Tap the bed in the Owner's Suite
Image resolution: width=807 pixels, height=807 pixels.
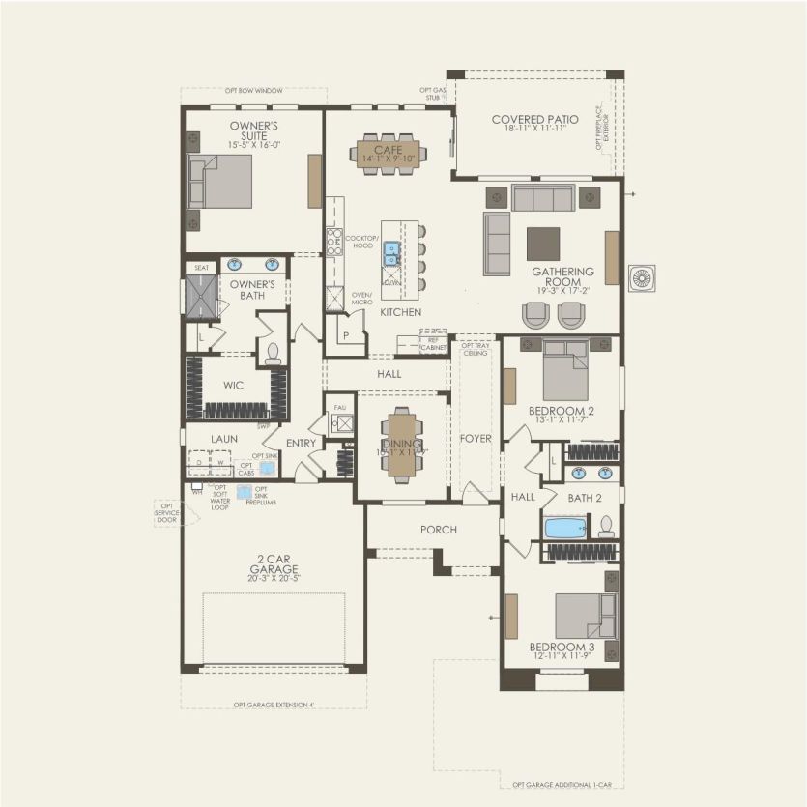coord(224,182)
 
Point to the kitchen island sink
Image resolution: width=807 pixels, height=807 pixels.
coord(391,253)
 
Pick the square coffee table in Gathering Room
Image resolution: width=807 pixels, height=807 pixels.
coord(543,243)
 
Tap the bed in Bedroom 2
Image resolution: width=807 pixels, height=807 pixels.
coord(565,369)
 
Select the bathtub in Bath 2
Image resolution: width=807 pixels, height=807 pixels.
coord(565,528)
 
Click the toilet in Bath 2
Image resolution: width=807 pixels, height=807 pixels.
coord(607,527)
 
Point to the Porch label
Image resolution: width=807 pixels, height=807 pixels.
coord(438,530)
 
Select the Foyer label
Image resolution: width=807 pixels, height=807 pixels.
coord(476,439)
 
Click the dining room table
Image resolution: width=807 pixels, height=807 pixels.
coord(400,445)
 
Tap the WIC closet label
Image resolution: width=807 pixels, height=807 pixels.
coord(233,385)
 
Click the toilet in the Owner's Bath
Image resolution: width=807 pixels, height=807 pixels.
coord(273,352)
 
